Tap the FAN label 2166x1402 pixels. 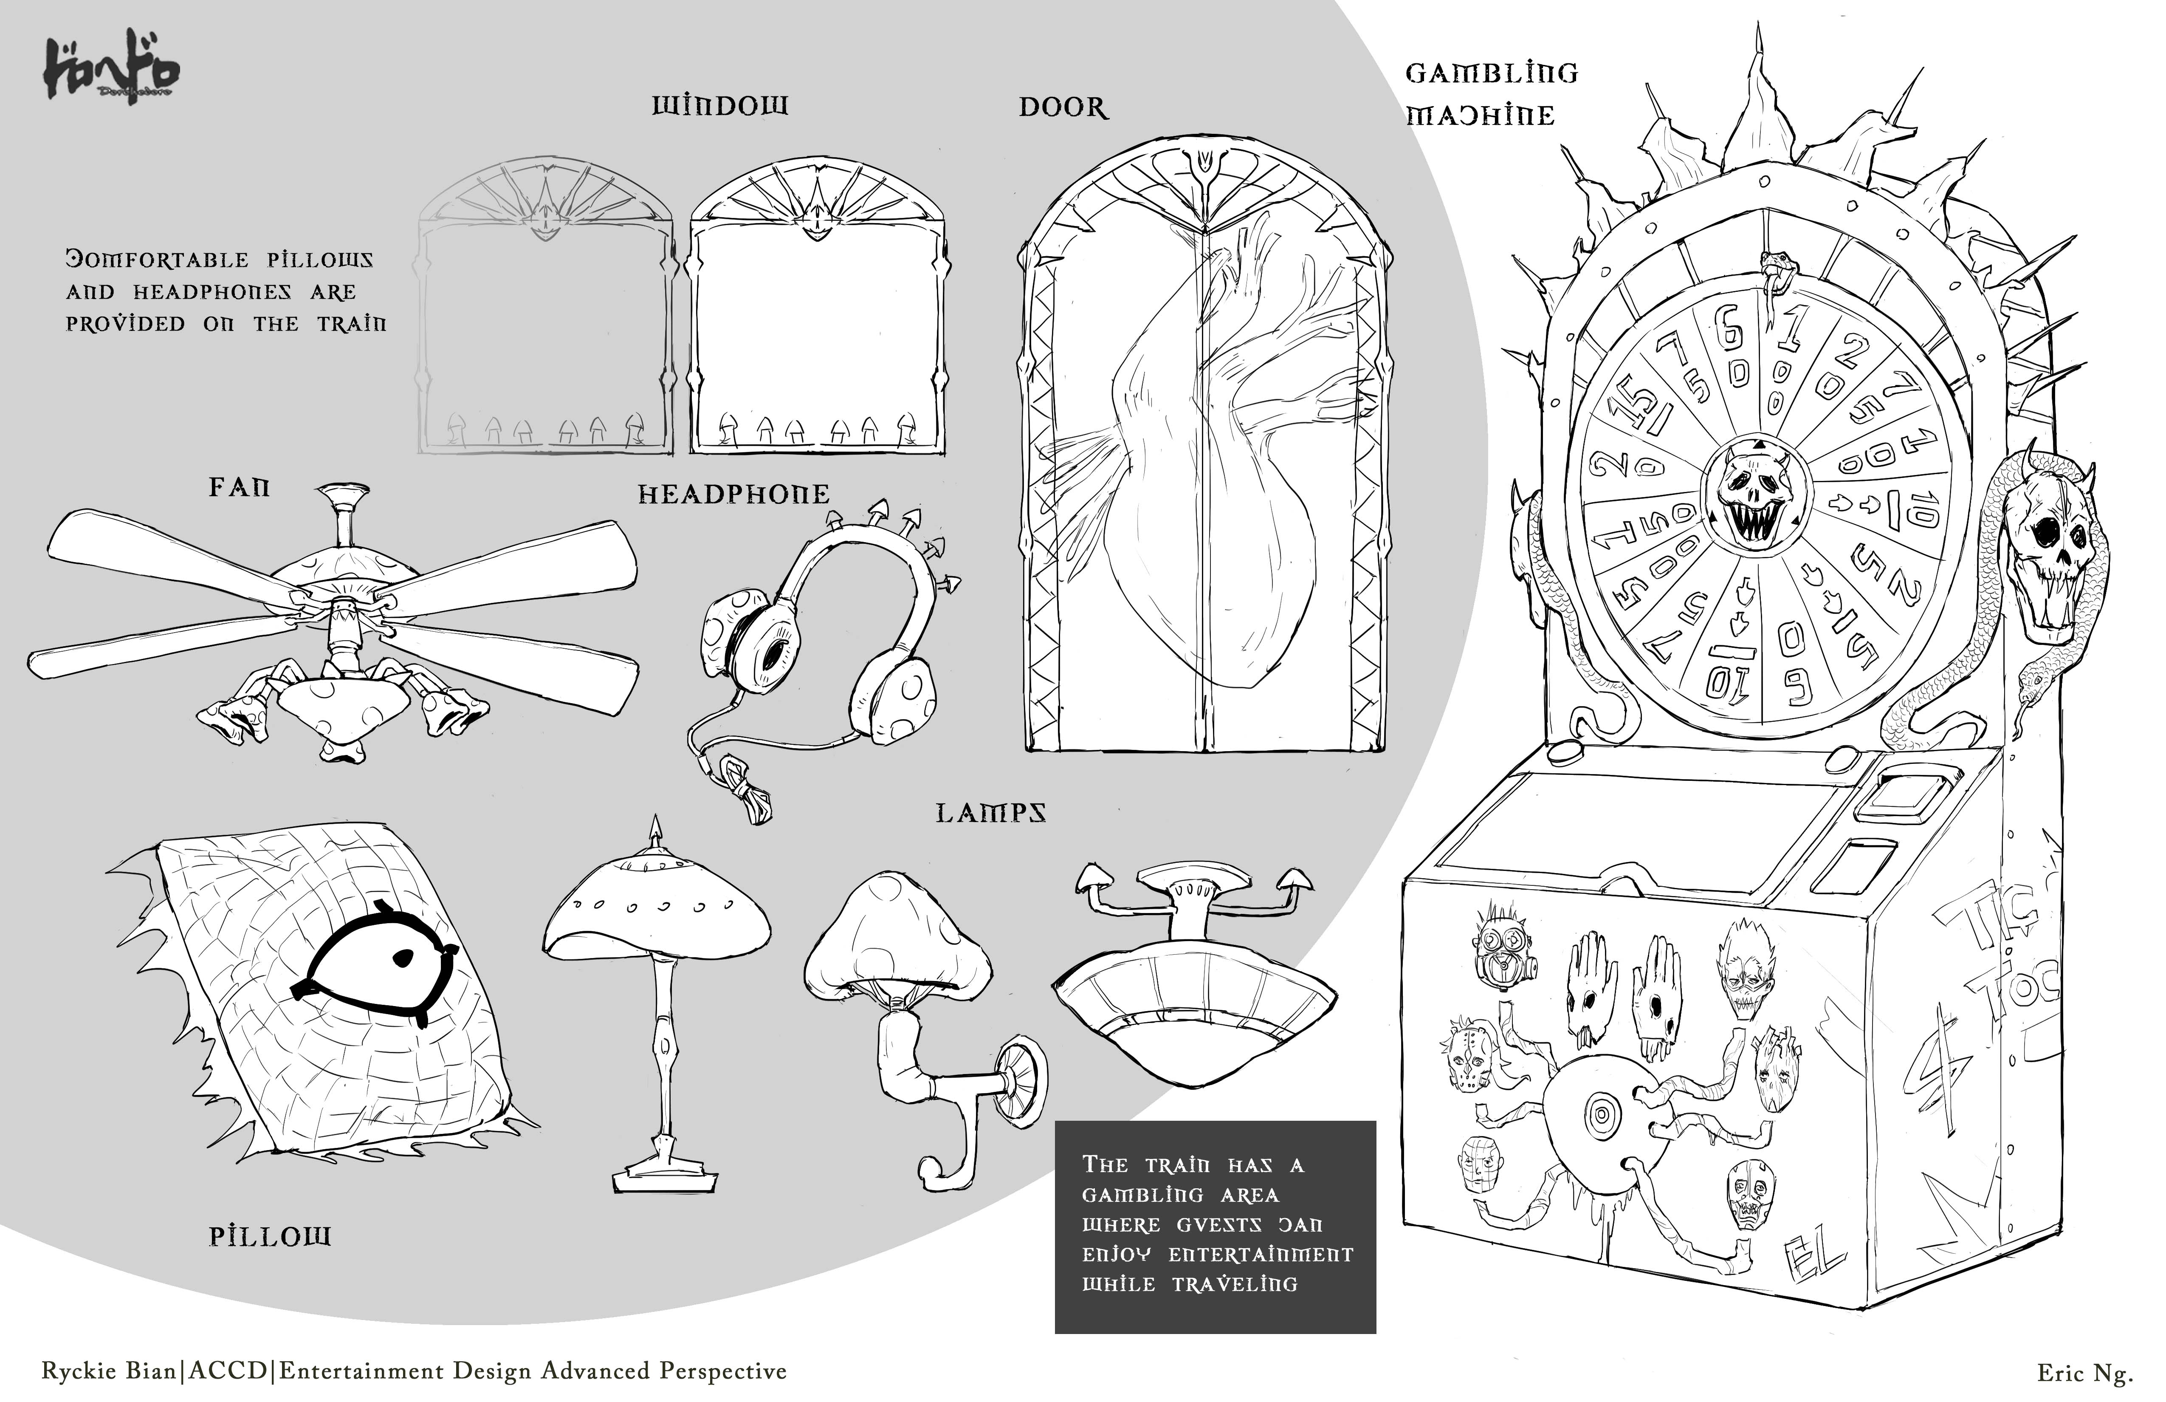pos(240,488)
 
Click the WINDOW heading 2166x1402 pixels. pos(719,107)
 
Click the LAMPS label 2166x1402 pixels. pos(991,813)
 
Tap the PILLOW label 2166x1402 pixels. pos(270,1236)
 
